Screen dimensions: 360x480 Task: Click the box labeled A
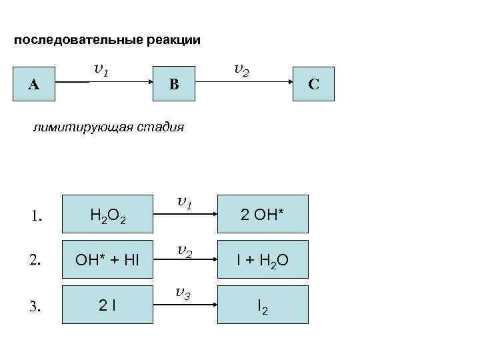(33, 83)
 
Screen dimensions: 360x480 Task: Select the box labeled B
(174, 83)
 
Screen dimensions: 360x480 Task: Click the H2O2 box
(107, 214)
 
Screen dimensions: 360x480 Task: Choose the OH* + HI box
(107, 259)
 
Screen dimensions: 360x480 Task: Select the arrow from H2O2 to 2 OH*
(186, 214)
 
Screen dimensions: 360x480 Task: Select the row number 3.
(37, 306)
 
